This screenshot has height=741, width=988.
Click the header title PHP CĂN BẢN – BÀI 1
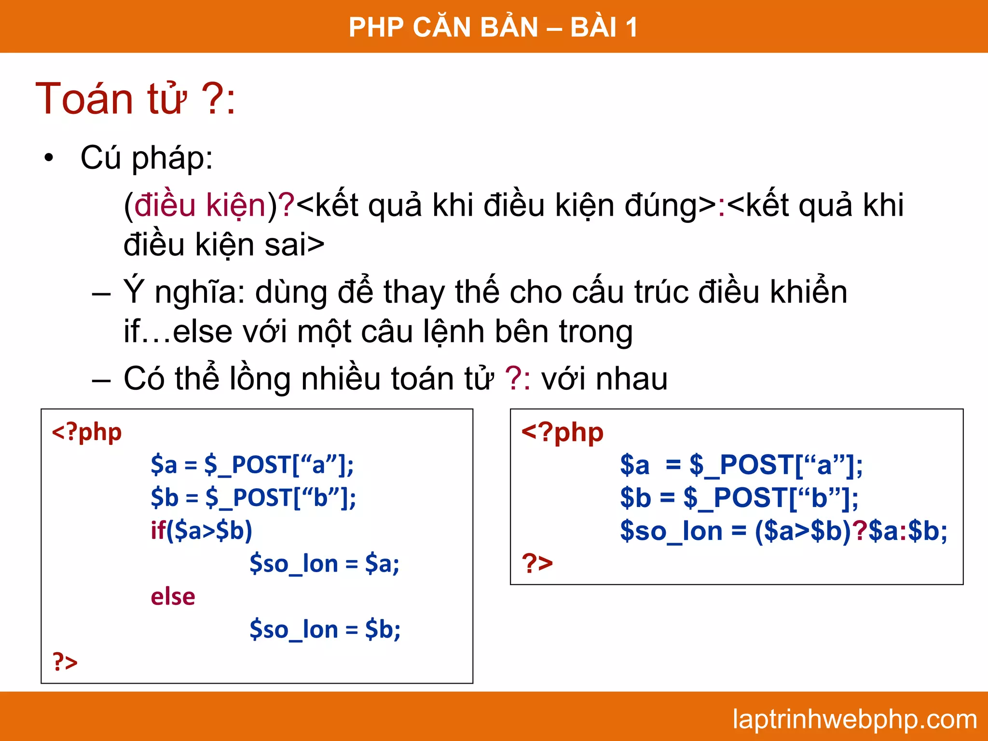(493, 27)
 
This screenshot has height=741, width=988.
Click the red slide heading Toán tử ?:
(136, 99)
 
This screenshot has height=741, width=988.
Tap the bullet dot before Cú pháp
(48, 158)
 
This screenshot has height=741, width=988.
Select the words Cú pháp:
(147, 158)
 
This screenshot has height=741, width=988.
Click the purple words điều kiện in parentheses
(200, 206)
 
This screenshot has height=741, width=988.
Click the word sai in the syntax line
(285, 245)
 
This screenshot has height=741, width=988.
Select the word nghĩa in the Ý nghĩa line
(200, 292)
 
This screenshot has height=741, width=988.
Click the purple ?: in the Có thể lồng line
(518, 379)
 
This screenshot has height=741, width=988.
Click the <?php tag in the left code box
(87, 432)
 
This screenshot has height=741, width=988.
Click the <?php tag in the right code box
(563, 432)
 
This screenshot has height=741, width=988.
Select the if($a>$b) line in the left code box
(201, 531)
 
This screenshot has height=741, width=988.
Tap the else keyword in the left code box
(173, 597)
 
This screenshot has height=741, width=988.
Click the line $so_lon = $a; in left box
(324, 564)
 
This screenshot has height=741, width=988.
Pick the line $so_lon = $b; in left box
(325, 630)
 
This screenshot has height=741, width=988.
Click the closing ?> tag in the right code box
(537, 563)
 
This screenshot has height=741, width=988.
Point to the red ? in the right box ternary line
(860, 531)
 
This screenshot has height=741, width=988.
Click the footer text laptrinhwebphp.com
(854, 720)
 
